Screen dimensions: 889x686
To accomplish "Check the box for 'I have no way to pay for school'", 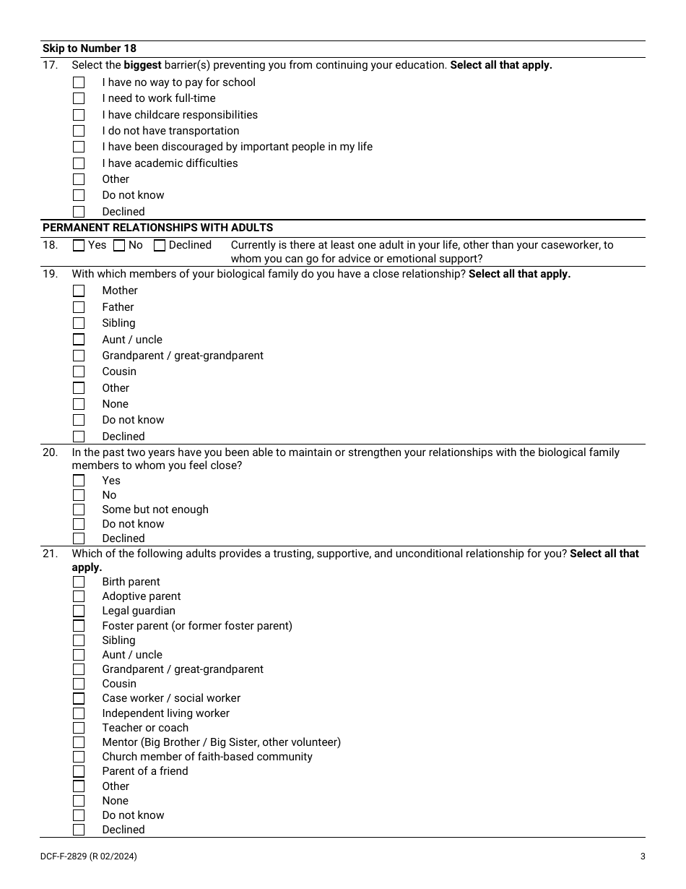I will point(79,82).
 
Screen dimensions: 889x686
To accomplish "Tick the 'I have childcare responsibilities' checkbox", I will point(79,115).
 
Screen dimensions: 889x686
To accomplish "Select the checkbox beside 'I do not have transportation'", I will point(79,131).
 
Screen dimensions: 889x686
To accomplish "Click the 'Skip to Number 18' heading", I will point(90,48).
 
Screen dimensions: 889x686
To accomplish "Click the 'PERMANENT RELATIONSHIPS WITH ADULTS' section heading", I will point(157,227).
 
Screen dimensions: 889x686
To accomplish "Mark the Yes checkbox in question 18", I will point(79,245).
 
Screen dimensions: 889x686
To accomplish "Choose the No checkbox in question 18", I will point(119,245).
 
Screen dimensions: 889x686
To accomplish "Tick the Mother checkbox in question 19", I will point(79,291).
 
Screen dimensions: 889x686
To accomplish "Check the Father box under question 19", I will point(79,307).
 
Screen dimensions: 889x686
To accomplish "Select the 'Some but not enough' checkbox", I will point(79,510).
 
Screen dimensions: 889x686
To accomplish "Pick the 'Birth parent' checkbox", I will point(79,582).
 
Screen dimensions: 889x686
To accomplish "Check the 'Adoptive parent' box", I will point(79,596).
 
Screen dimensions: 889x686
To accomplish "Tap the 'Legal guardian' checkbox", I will point(79,611).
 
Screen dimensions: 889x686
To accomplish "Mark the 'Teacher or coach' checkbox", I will point(79,728).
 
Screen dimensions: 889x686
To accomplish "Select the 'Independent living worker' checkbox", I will point(79,713).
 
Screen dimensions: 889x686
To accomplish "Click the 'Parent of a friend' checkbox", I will point(79,771).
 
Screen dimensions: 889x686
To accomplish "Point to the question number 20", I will point(50,452).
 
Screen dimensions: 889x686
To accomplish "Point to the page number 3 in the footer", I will point(643,856).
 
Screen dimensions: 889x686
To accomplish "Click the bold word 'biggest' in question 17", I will point(142,65).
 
